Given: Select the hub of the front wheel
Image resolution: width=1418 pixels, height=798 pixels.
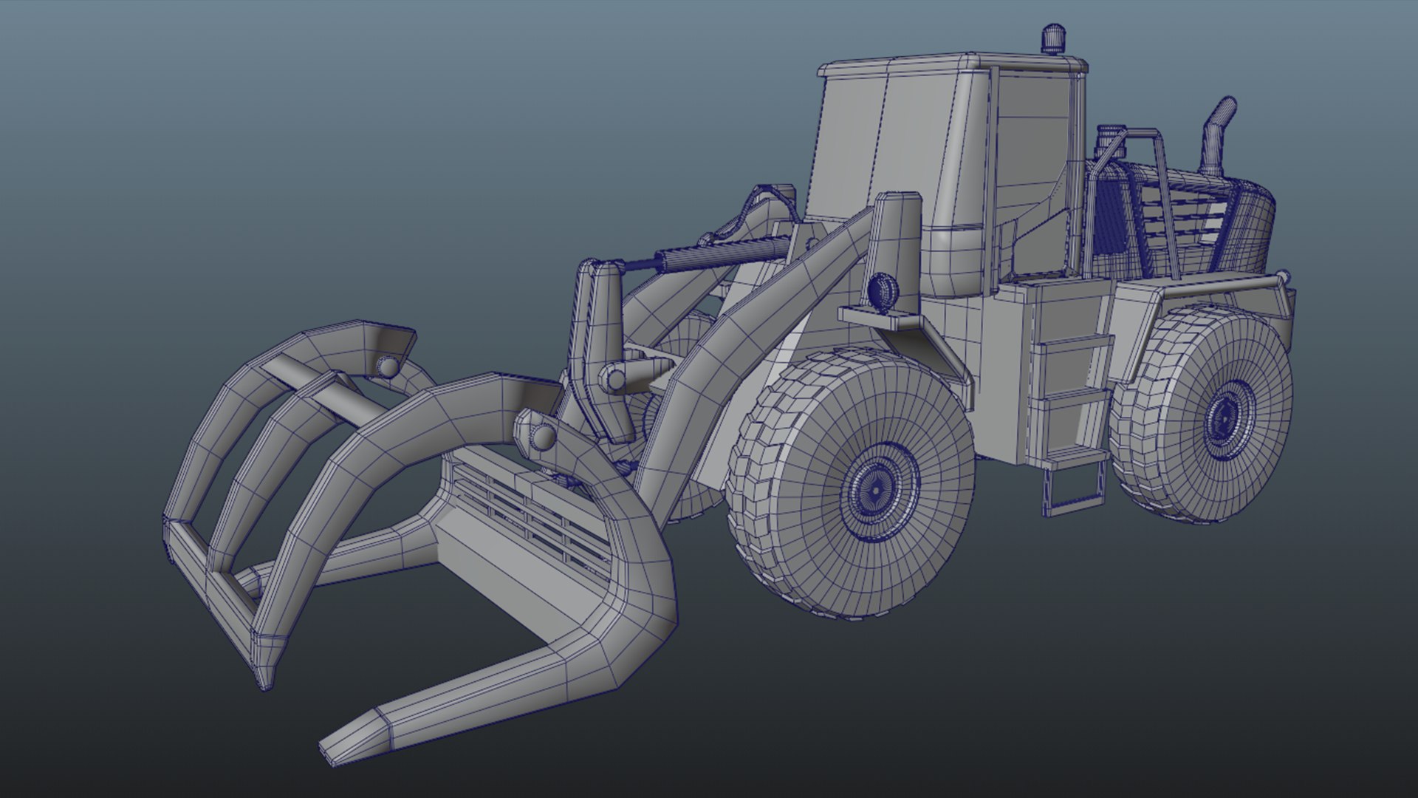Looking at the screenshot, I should point(876,487).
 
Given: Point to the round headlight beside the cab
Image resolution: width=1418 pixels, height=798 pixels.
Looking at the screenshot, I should point(881,290).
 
